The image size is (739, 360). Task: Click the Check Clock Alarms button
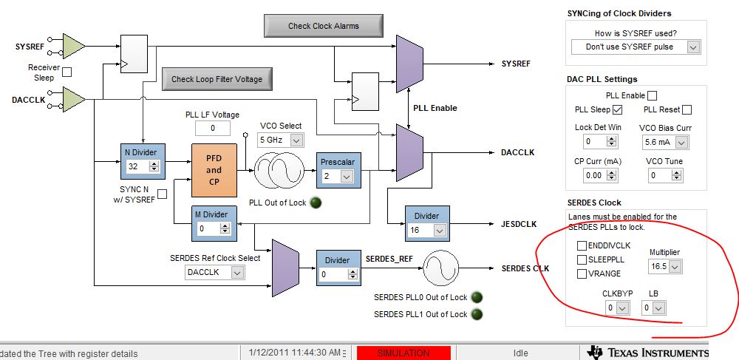(323, 26)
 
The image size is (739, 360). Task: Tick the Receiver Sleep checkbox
(67, 72)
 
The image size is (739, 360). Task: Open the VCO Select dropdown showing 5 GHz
(280, 140)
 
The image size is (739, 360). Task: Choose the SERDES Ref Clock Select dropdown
(214, 273)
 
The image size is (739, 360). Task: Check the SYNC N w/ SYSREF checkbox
(163, 194)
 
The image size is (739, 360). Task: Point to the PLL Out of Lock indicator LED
(316, 203)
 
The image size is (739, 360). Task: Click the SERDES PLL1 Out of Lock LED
(477, 314)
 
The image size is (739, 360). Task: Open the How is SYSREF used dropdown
(636, 47)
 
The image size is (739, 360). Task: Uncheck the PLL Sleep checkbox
(618, 110)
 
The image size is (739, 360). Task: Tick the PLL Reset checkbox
(687, 110)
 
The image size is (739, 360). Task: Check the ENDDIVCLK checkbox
(582, 245)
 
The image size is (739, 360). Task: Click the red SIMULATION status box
(403, 353)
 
